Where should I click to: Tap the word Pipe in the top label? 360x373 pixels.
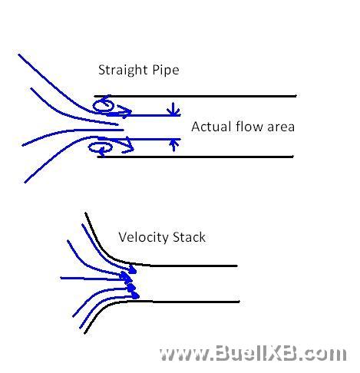click(166, 71)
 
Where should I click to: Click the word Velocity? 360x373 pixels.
click(144, 238)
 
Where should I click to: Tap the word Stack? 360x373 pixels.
click(189, 237)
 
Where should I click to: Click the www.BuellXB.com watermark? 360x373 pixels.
click(253, 353)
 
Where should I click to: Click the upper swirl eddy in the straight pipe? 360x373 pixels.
click(103, 105)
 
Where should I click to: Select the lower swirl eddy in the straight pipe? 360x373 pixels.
click(101, 148)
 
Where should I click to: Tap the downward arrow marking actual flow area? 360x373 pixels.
click(173, 109)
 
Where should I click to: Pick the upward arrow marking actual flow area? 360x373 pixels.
click(173, 145)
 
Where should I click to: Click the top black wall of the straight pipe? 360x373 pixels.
click(195, 96)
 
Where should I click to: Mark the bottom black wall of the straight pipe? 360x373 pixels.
click(195, 157)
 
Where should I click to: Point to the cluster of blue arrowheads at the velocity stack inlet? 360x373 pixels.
click(131, 282)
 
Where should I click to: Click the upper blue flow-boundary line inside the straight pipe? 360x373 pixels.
click(144, 115)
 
